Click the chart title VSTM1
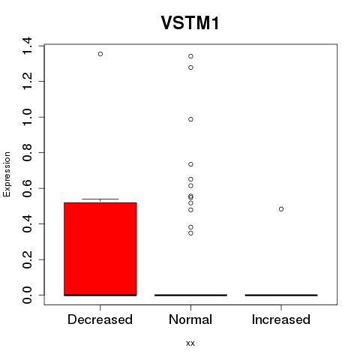(x=190, y=23)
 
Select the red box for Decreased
(x=100, y=249)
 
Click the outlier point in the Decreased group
(x=100, y=54)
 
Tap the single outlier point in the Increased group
(x=281, y=209)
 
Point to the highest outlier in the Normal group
(x=190, y=56)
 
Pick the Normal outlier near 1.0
(x=190, y=119)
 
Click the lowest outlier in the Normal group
(x=190, y=233)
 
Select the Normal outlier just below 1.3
(x=190, y=67)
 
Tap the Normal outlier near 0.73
(x=190, y=164)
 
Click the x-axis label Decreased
(x=100, y=319)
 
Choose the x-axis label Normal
(x=190, y=319)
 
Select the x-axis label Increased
(x=281, y=319)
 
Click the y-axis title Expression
(x=7, y=174)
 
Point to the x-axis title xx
(x=190, y=343)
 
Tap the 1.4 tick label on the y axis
(x=27, y=46)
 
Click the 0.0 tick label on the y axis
(x=27, y=295)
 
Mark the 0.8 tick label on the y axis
(x=27, y=152)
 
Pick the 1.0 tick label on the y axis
(x=27, y=117)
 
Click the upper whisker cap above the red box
(x=100, y=199)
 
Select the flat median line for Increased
(x=281, y=295)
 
